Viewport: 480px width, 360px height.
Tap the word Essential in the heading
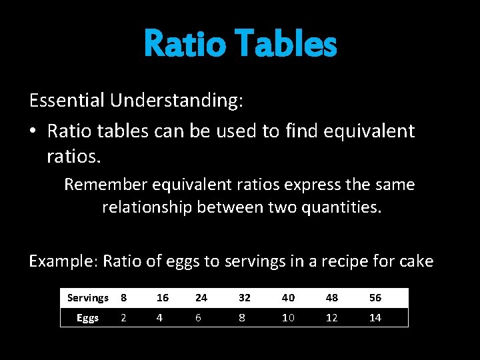tap(67, 101)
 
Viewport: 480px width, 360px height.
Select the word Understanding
tap(177, 101)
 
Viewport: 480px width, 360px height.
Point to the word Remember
tap(104, 185)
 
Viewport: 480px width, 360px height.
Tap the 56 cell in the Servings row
tap(375, 298)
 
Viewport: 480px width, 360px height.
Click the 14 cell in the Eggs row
tap(375, 318)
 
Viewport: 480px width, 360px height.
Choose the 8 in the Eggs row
tap(241, 318)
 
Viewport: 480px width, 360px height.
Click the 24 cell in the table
tap(201, 298)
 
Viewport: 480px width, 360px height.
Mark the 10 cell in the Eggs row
tap(287, 318)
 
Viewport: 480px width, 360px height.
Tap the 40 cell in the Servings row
tap(287, 298)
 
